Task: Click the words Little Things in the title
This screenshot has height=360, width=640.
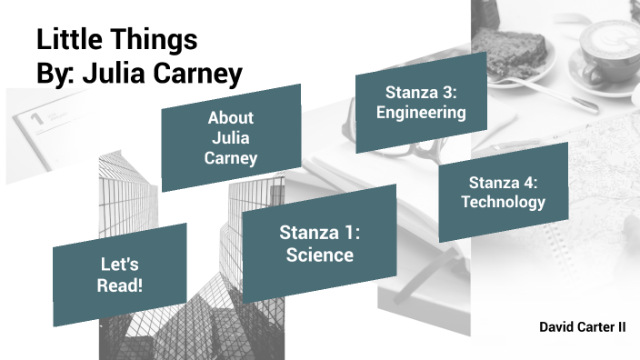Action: [x=116, y=40]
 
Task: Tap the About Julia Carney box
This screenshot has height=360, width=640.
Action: [x=231, y=137]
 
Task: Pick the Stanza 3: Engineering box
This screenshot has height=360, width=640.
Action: [x=421, y=102]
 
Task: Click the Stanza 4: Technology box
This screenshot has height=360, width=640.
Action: [x=503, y=192]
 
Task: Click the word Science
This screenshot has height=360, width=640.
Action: [x=320, y=255]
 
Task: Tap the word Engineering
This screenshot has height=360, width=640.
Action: [x=421, y=113]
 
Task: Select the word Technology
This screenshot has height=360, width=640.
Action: [x=503, y=202]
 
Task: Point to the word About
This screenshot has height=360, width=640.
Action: [x=231, y=118]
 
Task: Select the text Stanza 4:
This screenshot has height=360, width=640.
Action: [x=503, y=182]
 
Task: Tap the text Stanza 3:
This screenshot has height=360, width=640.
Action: [x=421, y=92]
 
